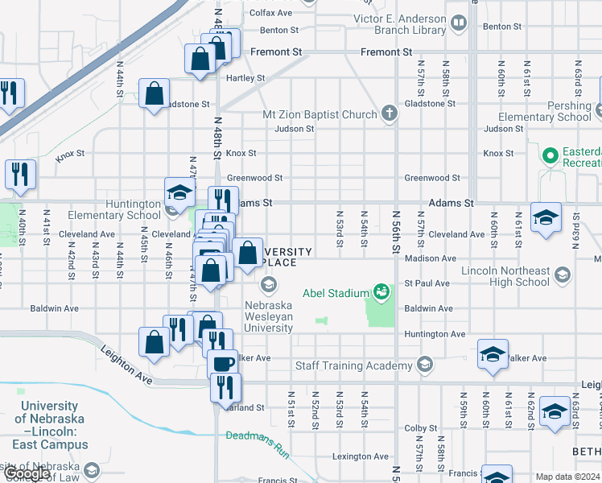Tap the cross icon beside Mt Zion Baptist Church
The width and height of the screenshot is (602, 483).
click(x=389, y=113)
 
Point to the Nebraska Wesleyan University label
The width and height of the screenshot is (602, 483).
click(x=269, y=317)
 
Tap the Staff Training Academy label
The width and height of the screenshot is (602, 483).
click(x=354, y=366)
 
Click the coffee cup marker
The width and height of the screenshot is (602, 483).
click(x=222, y=362)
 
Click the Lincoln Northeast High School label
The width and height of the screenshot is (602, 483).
click(x=505, y=277)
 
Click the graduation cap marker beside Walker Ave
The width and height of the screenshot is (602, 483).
click(x=493, y=353)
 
